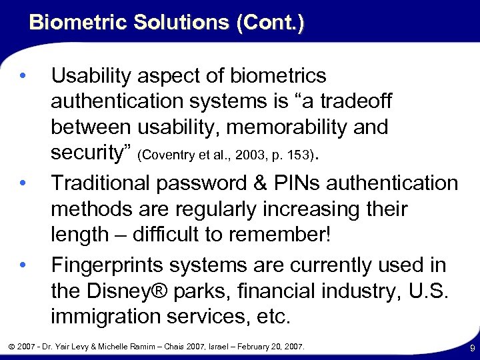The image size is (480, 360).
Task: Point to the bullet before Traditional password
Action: click(23, 181)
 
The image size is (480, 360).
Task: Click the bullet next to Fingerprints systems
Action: click(23, 265)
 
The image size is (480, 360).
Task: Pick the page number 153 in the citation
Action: click(299, 156)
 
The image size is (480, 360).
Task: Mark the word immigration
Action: click(113, 317)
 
